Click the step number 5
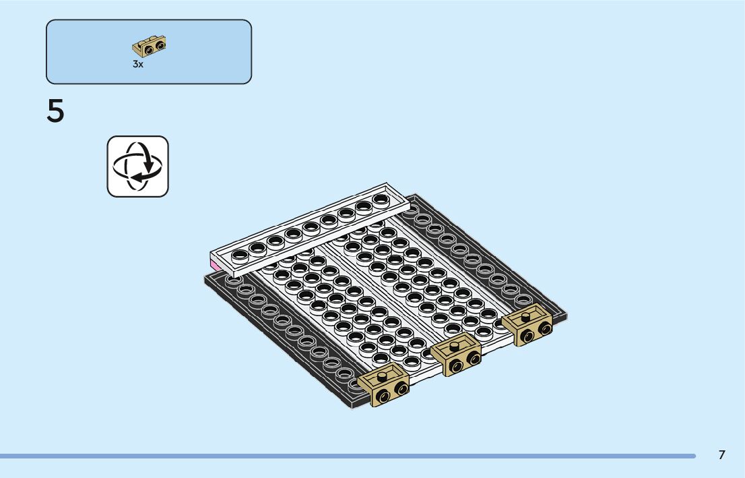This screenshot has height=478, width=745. tap(55, 111)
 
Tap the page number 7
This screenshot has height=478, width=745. tap(721, 454)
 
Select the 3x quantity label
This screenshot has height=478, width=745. tap(138, 64)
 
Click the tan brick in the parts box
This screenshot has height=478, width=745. tap(149, 46)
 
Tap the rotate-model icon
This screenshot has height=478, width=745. tap(138, 167)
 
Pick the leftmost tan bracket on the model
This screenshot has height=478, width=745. tap(383, 384)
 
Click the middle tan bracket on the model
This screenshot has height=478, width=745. tap(455, 354)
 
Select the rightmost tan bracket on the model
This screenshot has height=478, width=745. tap(527, 324)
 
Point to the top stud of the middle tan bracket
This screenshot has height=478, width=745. tap(454, 346)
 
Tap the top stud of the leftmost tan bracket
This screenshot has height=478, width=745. tap(382, 376)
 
